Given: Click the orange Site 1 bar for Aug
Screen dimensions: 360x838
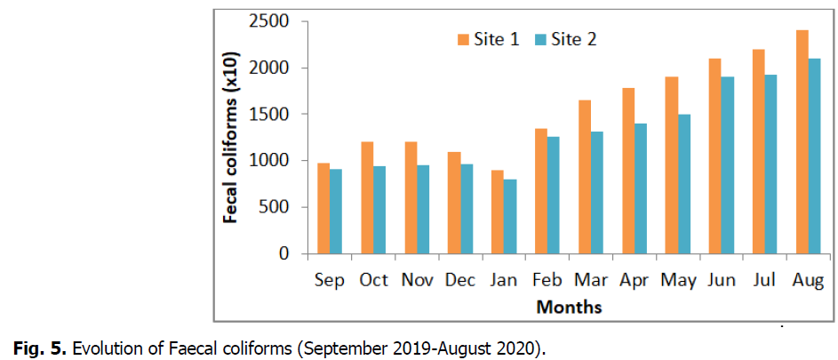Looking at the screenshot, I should [x=802, y=142].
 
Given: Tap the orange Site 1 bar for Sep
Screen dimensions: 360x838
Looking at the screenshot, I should [x=323, y=208].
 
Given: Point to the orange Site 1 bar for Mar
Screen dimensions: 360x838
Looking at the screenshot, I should [x=585, y=177].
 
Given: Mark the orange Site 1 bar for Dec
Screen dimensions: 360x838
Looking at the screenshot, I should [x=454, y=203].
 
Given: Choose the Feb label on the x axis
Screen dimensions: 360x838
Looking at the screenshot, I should [x=547, y=281].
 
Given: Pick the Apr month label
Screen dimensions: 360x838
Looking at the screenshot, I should [x=634, y=281].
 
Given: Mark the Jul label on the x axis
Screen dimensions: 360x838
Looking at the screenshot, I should [x=764, y=281].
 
